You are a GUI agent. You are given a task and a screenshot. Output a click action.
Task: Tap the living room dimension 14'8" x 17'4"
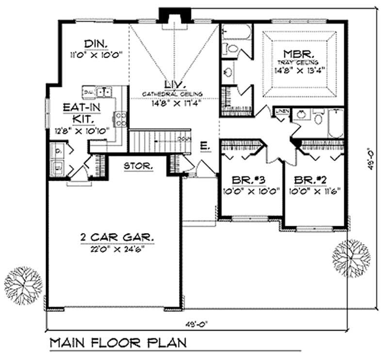[x=172, y=102]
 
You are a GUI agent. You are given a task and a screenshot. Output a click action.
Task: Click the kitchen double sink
[x=103, y=92]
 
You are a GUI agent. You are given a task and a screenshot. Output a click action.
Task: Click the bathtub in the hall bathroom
[x=337, y=122]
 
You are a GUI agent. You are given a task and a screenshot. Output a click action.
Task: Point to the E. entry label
[x=204, y=145]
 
